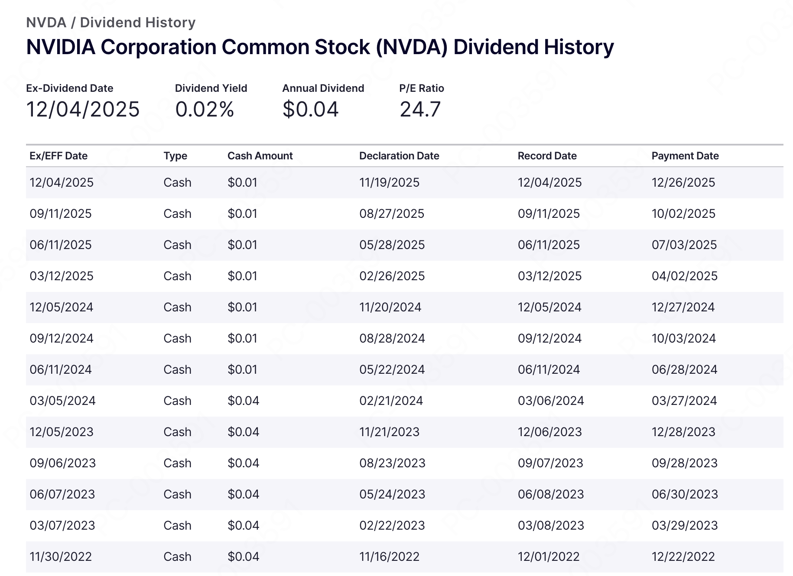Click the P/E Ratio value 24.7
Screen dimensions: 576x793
(420, 109)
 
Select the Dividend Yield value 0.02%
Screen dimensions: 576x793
(205, 109)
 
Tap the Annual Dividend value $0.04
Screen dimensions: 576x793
(310, 109)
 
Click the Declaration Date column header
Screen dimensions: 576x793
(399, 156)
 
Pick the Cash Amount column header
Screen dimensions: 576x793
(260, 156)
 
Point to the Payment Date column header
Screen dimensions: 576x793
(685, 156)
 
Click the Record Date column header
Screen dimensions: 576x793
(547, 156)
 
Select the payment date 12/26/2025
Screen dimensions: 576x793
(683, 182)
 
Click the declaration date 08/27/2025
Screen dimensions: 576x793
(392, 214)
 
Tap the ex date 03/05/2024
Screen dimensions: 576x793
(62, 401)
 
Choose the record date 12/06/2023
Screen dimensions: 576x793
(549, 432)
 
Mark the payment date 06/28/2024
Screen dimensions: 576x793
(684, 369)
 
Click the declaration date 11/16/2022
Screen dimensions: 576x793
(389, 557)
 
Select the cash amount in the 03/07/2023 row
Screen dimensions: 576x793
(243, 525)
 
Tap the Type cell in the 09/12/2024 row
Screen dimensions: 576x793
(177, 338)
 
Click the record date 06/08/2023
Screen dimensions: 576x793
(551, 494)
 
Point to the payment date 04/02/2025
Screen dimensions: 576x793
(685, 276)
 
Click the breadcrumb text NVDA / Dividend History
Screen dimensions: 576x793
(110, 23)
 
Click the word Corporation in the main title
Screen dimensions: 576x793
(158, 47)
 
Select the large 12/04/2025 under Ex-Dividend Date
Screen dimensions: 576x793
(83, 109)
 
